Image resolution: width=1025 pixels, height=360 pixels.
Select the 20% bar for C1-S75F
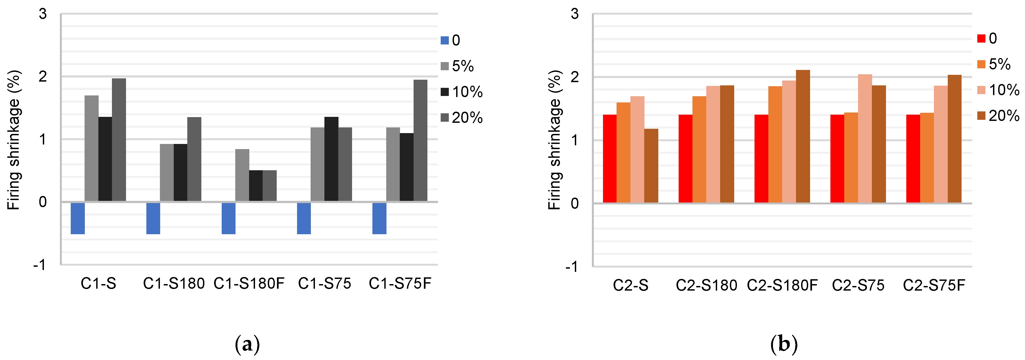pos(420,140)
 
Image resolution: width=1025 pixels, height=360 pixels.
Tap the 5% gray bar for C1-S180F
pos(242,175)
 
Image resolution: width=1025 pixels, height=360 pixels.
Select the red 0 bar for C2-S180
pos(685,159)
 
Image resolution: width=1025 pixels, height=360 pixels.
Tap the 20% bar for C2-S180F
pos(802,136)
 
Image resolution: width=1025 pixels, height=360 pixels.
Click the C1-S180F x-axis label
pos(249,284)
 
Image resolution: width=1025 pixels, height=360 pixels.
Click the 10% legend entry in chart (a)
pos(462,92)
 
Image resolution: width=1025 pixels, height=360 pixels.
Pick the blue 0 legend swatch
pos(444,40)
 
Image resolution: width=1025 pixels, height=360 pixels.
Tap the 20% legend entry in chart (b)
pos(998,116)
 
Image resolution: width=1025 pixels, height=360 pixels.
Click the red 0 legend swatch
pos(981,38)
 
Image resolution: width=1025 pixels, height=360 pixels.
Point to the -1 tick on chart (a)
pos(40,265)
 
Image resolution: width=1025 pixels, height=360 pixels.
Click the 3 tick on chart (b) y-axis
pos(574,14)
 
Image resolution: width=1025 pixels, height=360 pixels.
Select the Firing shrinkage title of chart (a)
pos(14,140)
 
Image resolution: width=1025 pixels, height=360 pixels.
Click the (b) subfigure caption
pos(784,344)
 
